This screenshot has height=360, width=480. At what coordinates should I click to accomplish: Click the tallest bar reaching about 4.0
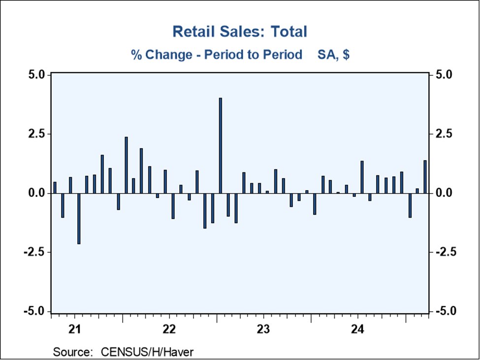pos(220,145)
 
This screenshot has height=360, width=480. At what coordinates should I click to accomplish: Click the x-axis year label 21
pos(75,329)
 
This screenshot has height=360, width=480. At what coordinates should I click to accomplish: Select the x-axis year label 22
pos(169,329)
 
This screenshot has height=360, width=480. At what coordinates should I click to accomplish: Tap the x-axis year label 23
pos(263,329)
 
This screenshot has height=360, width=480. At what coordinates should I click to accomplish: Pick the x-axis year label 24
pos(357,329)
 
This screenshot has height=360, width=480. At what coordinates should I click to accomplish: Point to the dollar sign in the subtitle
pos(346,54)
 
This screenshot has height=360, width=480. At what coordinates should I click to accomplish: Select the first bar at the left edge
pos(55,188)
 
